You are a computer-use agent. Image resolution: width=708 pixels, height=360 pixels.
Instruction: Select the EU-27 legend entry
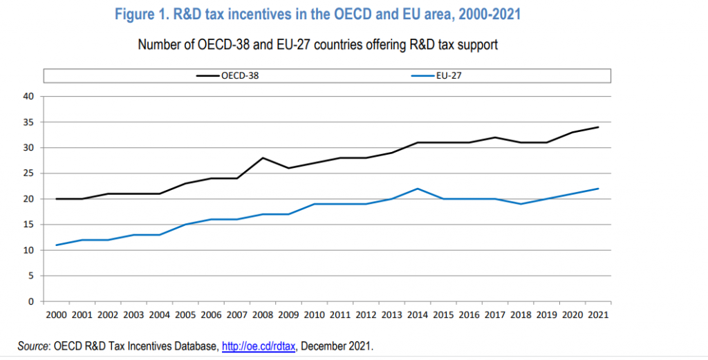[x=449, y=76]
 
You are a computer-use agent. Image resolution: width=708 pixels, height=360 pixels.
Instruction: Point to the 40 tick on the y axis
[x=29, y=97]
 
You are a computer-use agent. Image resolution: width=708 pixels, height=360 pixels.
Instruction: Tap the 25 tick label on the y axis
[x=29, y=173]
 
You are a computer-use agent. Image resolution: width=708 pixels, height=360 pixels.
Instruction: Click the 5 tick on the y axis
[x=31, y=276]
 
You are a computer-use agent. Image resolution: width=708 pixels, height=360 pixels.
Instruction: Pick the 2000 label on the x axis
[x=55, y=314]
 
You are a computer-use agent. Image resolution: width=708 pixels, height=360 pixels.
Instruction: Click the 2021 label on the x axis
[x=598, y=314]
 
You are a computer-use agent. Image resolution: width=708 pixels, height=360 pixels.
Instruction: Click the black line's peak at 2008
[x=263, y=158]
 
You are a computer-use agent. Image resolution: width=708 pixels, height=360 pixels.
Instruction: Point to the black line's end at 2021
[x=598, y=127]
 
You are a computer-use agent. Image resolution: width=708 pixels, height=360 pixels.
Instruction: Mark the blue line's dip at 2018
[x=520, y=204]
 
